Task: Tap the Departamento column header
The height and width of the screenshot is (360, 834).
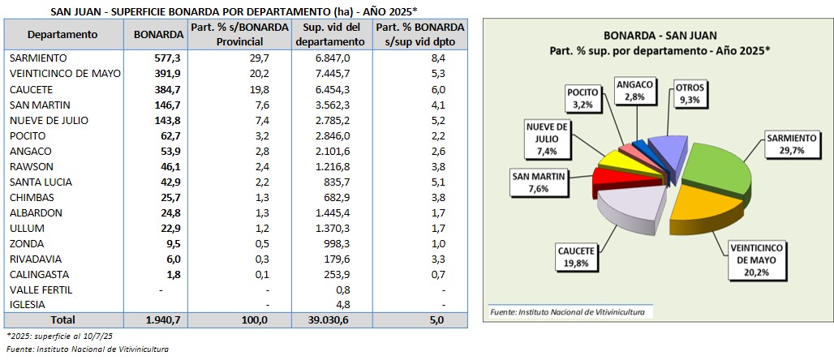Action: [62, 35]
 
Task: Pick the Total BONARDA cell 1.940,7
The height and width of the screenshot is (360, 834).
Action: [163, 321]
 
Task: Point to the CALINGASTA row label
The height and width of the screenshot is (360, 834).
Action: [39, 274]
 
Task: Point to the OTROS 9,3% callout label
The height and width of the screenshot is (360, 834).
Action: [691, 92]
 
